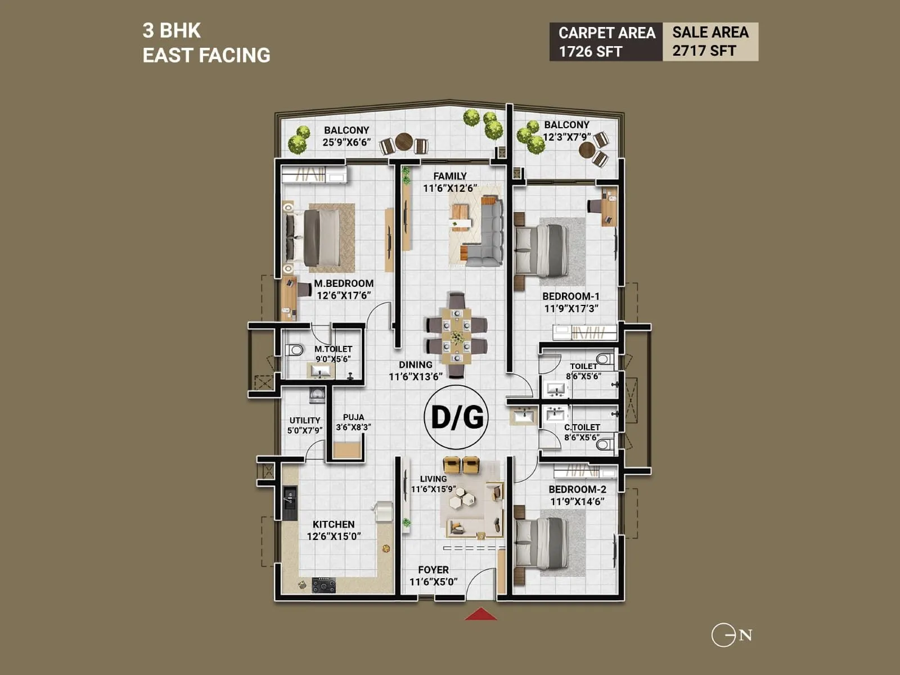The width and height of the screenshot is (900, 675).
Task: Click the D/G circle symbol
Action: pyautogui.click(x=456, y=417)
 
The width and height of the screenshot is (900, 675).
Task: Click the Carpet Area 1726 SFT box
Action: pyautogui.click(x=606, y=42)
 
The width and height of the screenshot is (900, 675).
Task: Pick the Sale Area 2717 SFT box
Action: pyautogui.click(x=710, y=42)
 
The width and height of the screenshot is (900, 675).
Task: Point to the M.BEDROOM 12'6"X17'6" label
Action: pyautogui.click(x=344, y=289)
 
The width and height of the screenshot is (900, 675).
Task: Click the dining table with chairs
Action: pyautogui.click(x=456, y=335)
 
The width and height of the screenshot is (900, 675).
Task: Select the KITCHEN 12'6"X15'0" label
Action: pyautogui.click(x=334, y=530)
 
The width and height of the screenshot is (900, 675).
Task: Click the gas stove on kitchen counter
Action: pyautogui.click(x=324, y=586)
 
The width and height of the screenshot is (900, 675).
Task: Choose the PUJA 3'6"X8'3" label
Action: pyautogui.click(x=353, y=422)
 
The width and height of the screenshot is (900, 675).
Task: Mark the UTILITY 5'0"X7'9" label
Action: pyautogui.click(x=305, y=425)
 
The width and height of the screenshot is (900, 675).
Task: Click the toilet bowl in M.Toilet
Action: pyautogui.click(x=294, y=350)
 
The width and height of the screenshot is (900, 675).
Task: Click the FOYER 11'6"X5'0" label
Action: pyautogui.click(x=433, y=575)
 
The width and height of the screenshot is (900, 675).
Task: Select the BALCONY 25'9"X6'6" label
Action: pyautogui.click(x=346, y=136)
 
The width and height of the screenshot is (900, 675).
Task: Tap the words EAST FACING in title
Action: pyautogui.click(x=206, y=55)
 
